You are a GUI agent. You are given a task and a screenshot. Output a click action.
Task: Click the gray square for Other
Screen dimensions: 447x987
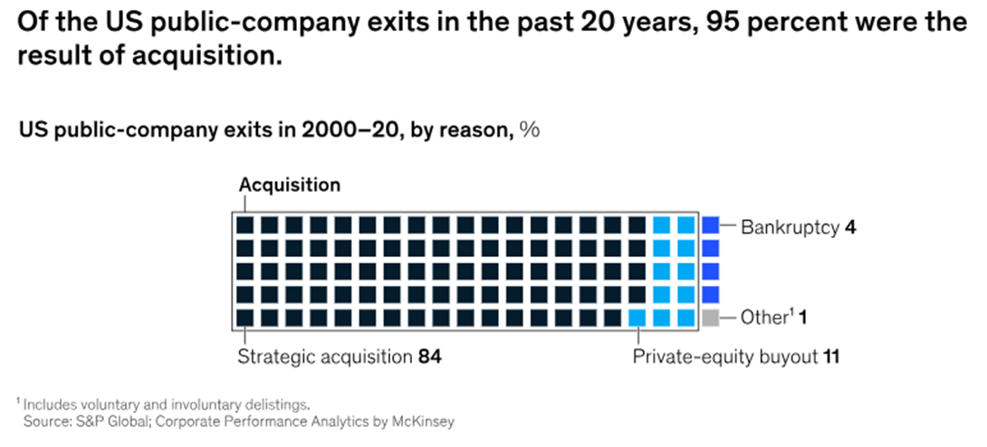pos(710,318)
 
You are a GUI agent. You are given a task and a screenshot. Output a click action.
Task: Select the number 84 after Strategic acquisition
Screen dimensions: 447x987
pos(429,357)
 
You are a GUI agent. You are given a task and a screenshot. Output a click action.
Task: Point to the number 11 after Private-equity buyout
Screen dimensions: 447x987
pos(830,357)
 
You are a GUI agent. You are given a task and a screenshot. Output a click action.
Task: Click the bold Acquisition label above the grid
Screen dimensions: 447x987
pos(290,185)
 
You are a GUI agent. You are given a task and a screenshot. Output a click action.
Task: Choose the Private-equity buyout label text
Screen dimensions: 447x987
pos(724,357)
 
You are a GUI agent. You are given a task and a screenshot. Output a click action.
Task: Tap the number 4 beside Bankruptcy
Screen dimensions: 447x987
pos(850,226)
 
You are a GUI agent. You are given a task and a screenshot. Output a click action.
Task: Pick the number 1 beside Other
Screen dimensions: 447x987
pos(801,319)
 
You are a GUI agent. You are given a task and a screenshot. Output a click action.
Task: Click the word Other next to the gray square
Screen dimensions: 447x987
pos(761,319)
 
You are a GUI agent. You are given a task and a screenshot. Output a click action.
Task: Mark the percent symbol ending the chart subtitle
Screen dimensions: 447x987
pos(530,130)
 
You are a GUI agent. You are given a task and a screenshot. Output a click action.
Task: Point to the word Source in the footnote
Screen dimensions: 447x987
pos(46,422)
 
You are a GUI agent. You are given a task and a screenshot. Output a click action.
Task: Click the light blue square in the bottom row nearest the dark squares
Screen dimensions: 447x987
pos(637,318)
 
